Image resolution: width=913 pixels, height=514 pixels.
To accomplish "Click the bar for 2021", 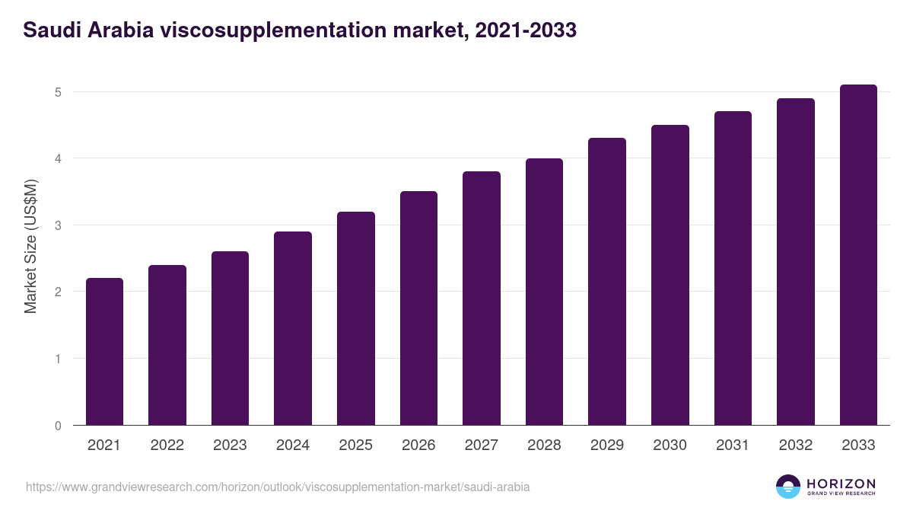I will pos(104,352).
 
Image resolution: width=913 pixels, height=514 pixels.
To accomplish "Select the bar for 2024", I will pos(293,328).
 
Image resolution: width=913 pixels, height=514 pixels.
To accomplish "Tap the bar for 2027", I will pos(482,299).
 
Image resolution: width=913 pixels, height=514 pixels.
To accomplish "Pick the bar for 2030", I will pos(670,275).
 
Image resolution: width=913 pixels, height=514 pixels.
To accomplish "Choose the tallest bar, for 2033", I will pos(858,255).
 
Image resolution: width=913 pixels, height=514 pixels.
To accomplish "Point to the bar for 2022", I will pos(167,345).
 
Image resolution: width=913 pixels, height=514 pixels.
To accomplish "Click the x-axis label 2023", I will pos(230,445).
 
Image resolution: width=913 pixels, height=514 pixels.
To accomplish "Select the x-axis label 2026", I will pos(418,445).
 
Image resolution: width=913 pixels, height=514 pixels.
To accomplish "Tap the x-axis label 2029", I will pos(607,445).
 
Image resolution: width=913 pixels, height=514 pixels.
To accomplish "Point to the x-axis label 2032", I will pos(796,445).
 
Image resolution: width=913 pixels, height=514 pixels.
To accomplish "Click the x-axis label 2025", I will pos(355,445).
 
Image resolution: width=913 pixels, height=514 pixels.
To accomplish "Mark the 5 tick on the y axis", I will pos(57,92).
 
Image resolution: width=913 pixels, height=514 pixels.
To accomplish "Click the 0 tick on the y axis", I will pos(57,426).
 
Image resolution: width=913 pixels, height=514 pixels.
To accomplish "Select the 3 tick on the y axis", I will pos(57,225).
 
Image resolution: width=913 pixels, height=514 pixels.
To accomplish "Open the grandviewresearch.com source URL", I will pos(278,487).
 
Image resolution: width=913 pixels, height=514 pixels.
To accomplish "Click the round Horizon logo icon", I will pos(787,487).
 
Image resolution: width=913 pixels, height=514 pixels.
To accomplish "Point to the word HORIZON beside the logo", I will pos(841,483).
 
